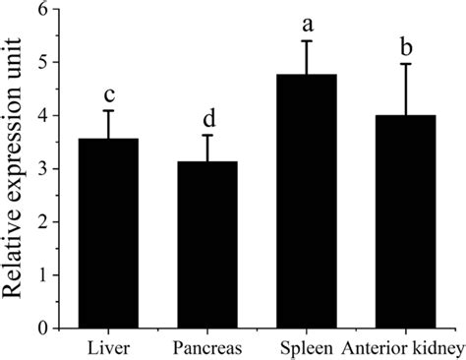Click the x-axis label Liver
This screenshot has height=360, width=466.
click(109, 347)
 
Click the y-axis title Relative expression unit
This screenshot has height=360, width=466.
click(17, 167)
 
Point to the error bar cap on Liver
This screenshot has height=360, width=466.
click(109, 110)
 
